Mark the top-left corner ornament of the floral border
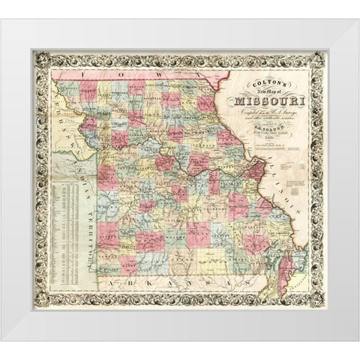point(35,55)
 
